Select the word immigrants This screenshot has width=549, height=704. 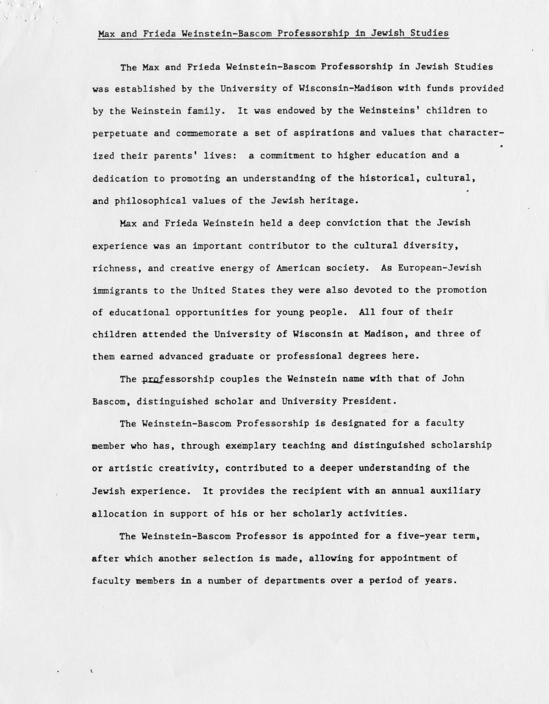120,290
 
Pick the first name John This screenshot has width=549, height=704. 453,379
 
